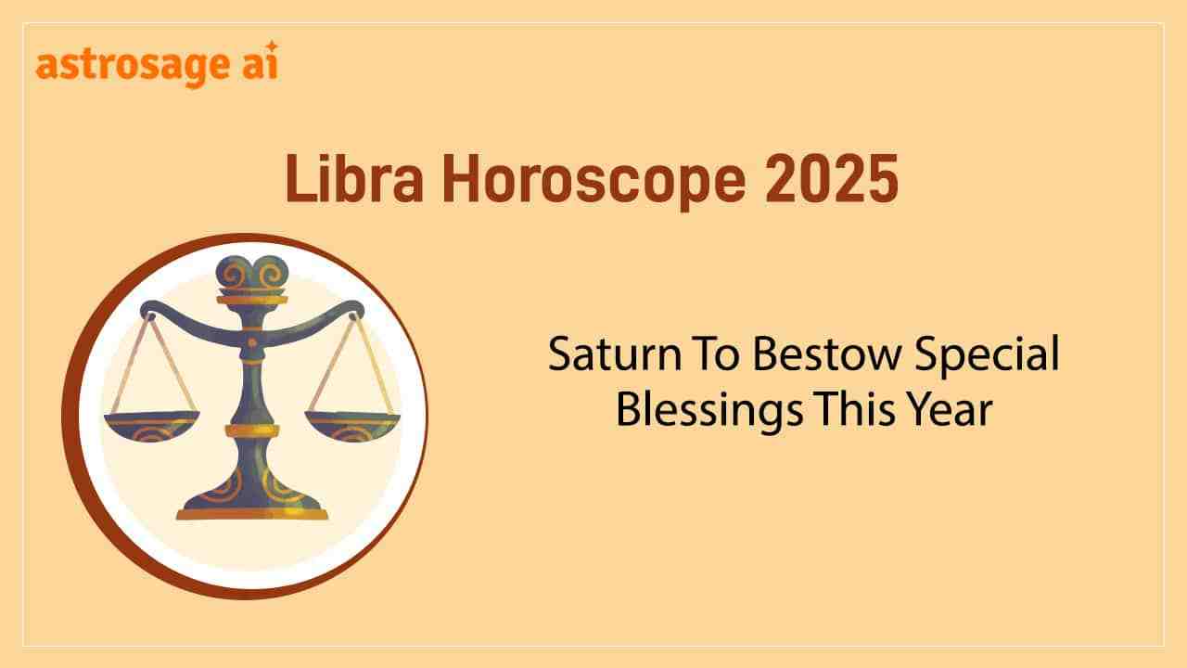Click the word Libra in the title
354,178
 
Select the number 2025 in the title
832,179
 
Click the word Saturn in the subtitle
615,353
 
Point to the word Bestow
826,353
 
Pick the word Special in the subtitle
988,356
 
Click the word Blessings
709,412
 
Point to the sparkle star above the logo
272,46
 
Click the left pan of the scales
151,426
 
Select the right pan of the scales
352,426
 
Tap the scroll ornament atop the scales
252,273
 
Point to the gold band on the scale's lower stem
252,431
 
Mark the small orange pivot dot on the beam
252,342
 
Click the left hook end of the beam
149,311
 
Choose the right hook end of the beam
354,311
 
